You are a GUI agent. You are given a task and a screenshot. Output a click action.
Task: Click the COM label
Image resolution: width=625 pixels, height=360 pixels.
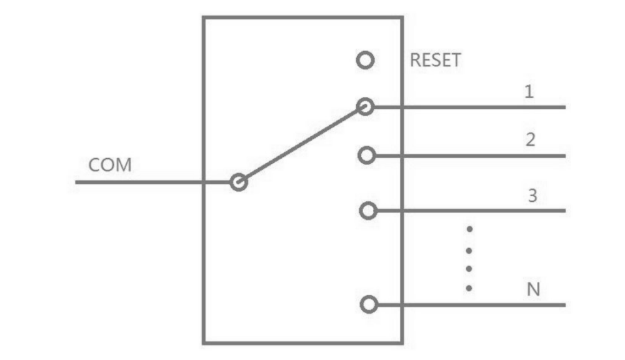[110, 166]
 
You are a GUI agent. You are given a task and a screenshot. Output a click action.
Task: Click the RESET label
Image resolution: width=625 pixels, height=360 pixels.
[435, 61]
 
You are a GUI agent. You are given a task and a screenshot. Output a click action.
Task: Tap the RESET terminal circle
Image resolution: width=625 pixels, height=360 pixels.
[365, 61]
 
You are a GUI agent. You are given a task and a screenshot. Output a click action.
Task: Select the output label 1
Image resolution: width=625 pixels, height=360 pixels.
[529, 92]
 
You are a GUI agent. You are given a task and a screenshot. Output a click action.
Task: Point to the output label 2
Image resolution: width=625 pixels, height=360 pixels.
[530, 140]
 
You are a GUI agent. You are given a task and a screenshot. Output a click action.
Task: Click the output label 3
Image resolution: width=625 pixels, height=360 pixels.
[532, 196]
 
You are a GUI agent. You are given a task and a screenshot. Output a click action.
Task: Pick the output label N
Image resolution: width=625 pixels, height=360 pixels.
[533, 291]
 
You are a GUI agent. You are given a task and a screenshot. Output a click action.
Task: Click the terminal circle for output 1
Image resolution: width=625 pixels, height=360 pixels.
[366, 107]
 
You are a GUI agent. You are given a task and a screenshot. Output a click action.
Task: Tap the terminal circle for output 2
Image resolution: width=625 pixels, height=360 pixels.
[367, 155]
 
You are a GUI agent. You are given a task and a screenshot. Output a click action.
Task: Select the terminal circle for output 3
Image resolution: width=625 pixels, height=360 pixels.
[368, 211]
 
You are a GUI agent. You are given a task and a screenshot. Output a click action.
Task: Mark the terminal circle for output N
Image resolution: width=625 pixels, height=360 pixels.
[369, 305]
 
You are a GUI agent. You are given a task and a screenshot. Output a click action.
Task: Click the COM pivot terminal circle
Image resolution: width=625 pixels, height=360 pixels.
[238, 182]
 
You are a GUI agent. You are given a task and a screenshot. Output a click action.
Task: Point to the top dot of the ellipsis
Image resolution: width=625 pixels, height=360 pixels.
[469, 229]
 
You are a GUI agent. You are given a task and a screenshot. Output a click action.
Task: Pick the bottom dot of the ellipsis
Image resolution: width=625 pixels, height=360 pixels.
[469, 289]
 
